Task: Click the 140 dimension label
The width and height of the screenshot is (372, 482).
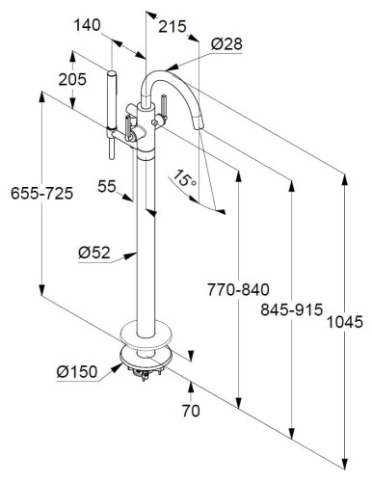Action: coord(87,25)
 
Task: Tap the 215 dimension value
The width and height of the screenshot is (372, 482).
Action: coord(173,26)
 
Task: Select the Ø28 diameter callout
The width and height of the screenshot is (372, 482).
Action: coord(226,43)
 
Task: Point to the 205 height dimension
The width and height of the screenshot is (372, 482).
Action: coord(72,79)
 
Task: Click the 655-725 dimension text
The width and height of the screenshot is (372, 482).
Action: coord(42,194)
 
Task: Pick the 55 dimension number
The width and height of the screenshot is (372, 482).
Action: coord(107,186)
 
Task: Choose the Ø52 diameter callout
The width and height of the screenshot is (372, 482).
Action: coord(94,253)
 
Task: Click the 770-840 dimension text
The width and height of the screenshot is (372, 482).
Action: coord(238,290)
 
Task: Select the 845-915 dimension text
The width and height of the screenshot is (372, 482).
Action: coord(291,309)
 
